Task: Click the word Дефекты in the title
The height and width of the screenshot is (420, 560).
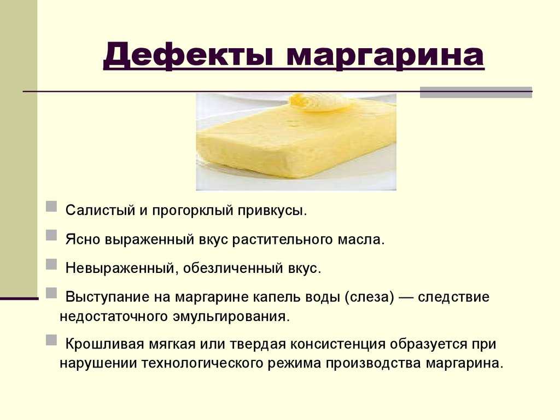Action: (x=188, y=56)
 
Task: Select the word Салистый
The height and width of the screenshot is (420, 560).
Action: (x=100, y=210)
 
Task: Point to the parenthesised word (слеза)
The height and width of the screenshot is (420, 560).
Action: (x=370, y=297)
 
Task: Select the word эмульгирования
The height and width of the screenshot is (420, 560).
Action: (x=231, y=317)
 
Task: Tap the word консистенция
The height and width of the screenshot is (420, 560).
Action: (x=338, y=345)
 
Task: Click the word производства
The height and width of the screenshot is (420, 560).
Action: (x=373, y=363)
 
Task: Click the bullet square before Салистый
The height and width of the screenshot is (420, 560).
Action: (x=51, y=207)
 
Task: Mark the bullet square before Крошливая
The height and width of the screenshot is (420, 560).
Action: (x=51, y=340)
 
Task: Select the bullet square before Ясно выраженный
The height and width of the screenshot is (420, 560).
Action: (x=51, y=235)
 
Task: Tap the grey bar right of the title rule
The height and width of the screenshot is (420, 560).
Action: (x=476, y=92)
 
